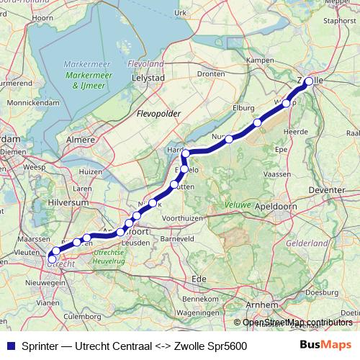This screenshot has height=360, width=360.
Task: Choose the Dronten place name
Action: point(211,73)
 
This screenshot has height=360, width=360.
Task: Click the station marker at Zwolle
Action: point(309,81)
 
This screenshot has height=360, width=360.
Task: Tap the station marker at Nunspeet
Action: point(229,139)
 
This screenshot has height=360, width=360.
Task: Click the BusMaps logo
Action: point(325,345)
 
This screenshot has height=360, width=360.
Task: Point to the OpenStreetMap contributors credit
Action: point(297,323)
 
